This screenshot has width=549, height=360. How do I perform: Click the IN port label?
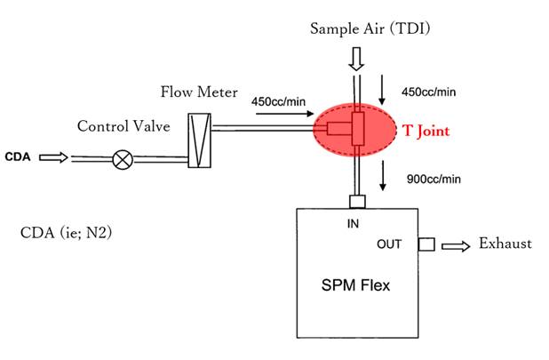(354, 225)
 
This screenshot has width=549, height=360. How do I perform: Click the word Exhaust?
(505, 243)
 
